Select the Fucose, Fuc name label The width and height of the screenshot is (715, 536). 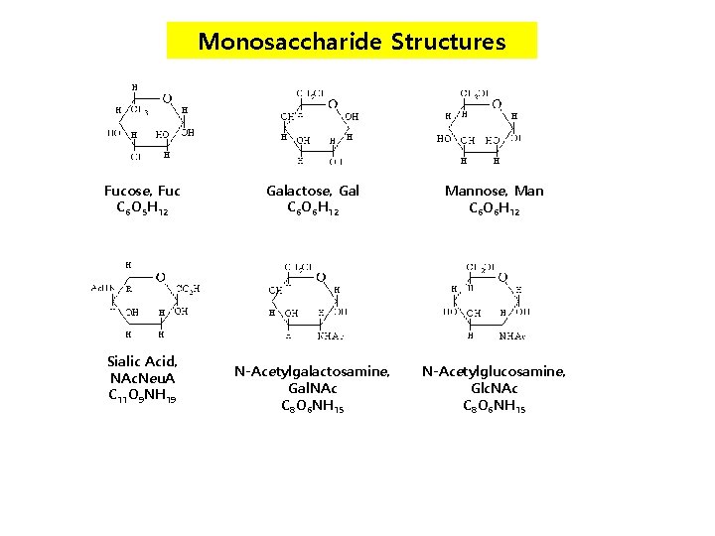[142, 191]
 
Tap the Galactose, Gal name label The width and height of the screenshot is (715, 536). [313, 191]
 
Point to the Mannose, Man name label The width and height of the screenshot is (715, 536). [495, 191]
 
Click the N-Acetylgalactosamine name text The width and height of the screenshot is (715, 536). [312, 371]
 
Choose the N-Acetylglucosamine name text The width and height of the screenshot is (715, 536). [494, 371]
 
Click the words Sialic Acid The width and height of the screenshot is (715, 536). [142, 361]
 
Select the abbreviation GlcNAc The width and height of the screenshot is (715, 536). [494, 388]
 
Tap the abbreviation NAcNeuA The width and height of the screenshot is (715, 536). [142, 378]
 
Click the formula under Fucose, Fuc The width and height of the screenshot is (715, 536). [142, 208]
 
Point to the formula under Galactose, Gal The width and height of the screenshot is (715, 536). [313, 208]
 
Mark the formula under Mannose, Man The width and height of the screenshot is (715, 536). [495, 208]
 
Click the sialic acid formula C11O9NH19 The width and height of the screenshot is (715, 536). [142, 396]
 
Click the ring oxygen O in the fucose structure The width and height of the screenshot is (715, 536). [167, 99]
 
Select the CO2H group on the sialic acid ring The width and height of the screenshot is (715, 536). [189, 288]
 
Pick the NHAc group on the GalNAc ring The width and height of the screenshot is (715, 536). [331, 335]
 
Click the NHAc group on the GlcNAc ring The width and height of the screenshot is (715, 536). [513, 335]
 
